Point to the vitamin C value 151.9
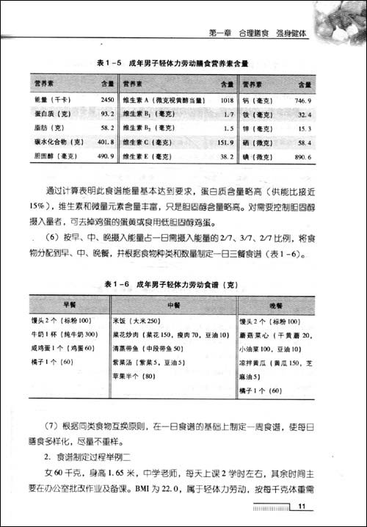tap(225, 142)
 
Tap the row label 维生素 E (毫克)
tap(148, 156)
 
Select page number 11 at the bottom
tap(302, 507)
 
